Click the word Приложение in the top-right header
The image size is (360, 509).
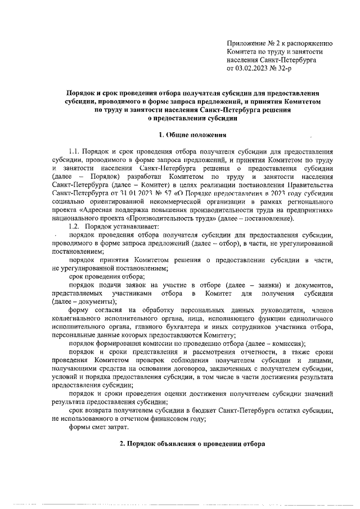click(x=246, y=43)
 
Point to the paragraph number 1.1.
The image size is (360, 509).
click(x=74, y=152)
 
